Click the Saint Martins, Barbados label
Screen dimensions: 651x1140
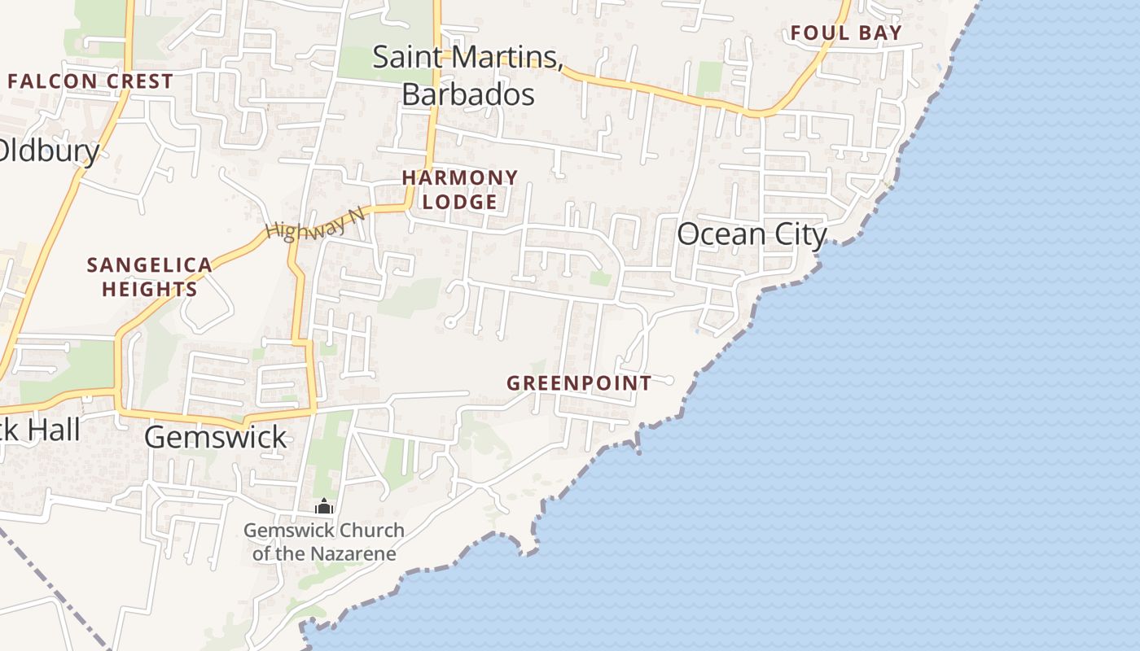(467, 75)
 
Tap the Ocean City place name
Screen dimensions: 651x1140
(752, 234)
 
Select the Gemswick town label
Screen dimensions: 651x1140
(216, 437)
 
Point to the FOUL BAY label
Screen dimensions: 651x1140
(846, 33)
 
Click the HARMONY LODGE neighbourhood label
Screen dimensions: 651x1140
(460, 190)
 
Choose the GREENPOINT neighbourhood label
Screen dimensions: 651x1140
(579, 382)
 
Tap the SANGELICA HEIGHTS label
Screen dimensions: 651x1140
(149, 277)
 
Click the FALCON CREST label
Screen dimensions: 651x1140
(90, 81)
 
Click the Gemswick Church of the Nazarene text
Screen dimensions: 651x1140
(324, 542)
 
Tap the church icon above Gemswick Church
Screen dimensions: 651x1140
(324, 507)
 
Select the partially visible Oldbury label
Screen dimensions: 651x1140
(49, 151)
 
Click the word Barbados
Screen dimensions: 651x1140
(468, 94)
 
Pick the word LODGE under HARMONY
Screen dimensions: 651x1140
(460, 202)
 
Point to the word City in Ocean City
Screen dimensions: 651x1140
(800, 234)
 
